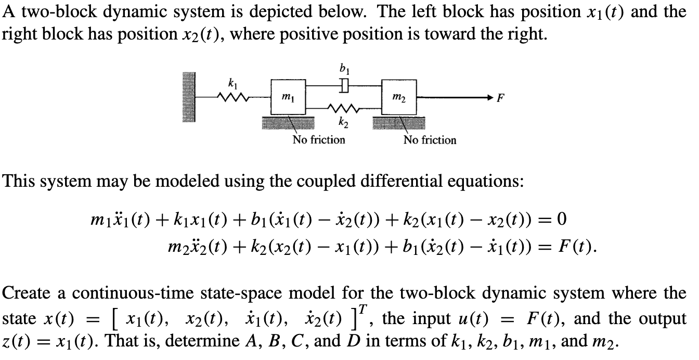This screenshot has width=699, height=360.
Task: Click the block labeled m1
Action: point(288,97)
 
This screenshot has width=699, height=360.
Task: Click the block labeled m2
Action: point(399,97)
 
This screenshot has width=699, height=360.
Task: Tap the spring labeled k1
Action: point(234,97)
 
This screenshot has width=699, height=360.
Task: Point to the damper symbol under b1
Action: point(344,85)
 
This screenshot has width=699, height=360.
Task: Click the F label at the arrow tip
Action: point(500,98)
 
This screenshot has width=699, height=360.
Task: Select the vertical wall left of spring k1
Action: point(189,97)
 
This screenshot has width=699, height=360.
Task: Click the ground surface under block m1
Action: point(288,123)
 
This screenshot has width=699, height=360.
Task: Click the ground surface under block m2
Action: point(399,123)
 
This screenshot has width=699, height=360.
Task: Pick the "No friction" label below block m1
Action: point(319,139)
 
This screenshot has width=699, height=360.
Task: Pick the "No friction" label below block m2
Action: point(430,140)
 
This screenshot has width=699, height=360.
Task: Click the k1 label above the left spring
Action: point(233,84)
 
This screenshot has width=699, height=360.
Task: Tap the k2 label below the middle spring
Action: point(343,122)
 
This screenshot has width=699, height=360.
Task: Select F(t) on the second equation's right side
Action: point(576,247)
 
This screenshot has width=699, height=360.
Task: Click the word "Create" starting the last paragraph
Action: point(26,293)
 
